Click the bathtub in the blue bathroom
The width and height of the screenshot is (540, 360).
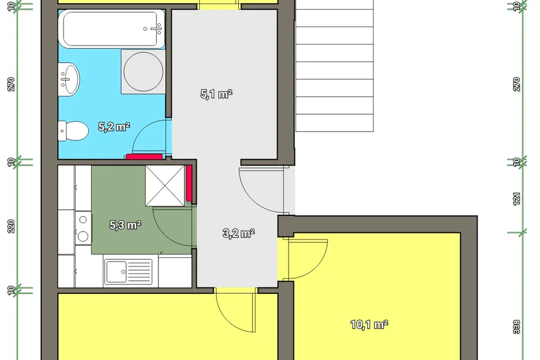pos(112,28)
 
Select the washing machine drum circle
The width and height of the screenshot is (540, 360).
pos(143,71)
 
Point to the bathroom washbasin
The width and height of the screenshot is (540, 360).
pos(68,79)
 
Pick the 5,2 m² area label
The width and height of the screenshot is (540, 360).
pos(114,127)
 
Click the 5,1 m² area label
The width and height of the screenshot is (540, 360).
pos(216,94)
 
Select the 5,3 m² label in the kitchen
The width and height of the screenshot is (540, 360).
pos(125,225)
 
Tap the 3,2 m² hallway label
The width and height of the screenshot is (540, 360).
pos(238,233)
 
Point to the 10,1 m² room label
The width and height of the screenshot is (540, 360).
pos(369,324)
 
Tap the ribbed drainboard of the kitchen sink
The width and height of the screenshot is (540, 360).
pos(139,271)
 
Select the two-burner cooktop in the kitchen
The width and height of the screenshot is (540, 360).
pos(83,228)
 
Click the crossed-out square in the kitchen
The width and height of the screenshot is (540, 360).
pos(166,185)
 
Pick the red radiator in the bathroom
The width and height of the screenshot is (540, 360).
pos(144,157)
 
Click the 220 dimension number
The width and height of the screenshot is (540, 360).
pos(11,226)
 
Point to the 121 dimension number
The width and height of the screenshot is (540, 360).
pos(517,199)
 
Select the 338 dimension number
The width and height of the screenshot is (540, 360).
pos(517,326)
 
